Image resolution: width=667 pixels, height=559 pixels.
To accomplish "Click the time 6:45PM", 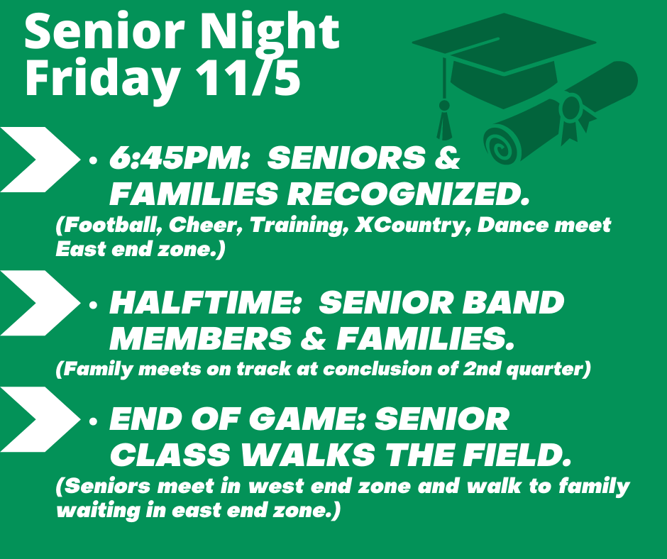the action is point(179,157).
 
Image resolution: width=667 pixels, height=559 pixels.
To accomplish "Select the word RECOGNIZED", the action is point(408,194).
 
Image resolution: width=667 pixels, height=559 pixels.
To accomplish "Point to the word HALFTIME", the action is point(206,303).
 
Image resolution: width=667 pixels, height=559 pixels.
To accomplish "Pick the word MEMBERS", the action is point(201,339).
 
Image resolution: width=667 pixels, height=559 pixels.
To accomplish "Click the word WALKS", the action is point(309,455).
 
